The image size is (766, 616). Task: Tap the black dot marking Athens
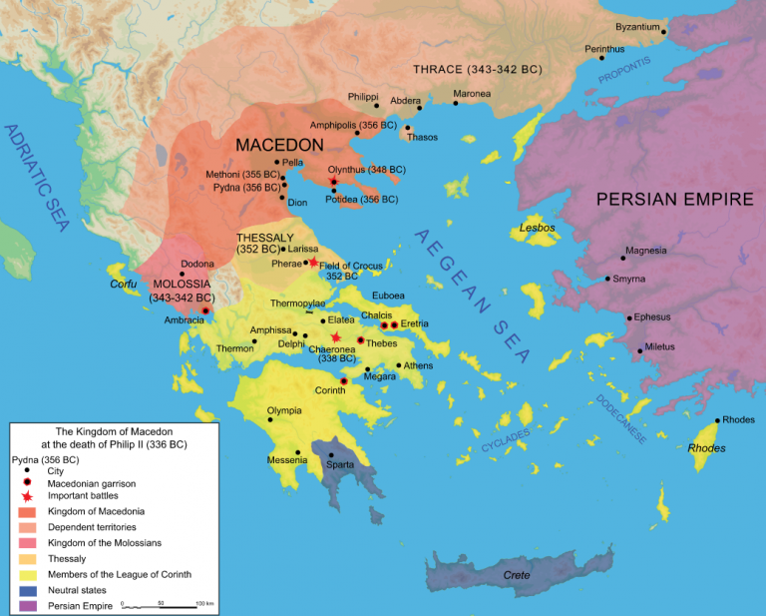[x=399, y=365]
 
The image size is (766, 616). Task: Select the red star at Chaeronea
[x=337, y=337]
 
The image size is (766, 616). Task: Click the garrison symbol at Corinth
[x=344, y=381]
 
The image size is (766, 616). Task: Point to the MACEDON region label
[x=279, y=145]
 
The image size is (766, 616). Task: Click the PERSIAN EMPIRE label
[x=674, y=199]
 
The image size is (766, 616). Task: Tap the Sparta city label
[x=340, y=465]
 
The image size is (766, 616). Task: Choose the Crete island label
[x=517, y=575]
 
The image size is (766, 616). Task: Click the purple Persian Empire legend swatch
[x=25, y=606]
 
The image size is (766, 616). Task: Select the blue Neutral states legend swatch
[x=25, y=591]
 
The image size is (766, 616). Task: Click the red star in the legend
[x=25, y=495]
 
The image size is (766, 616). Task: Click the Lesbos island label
[x=537, y=229]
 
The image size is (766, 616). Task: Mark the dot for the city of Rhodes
[x=717, y=420]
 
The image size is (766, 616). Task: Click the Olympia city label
[x=284, y=410]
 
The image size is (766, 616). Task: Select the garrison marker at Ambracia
[x=205, y=311]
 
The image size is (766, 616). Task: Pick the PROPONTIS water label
[x=622, y=66]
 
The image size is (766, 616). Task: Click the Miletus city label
[x=659, y=346]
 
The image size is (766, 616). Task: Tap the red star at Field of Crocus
[x=313, y=262]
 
